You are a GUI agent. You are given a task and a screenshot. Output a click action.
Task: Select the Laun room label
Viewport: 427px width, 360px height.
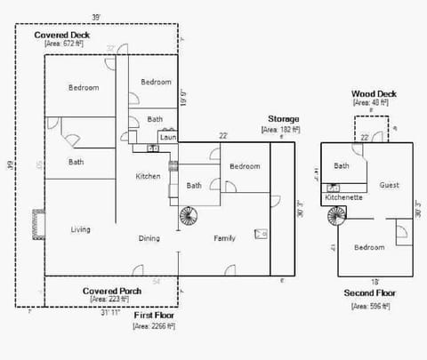166,137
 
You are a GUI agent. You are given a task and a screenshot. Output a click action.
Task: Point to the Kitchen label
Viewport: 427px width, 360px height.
148,176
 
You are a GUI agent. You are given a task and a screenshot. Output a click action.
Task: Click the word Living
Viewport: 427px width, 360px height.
80,229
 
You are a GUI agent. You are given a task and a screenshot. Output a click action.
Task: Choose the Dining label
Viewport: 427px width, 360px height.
149,238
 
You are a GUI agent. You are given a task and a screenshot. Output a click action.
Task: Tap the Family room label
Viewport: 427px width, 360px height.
224,238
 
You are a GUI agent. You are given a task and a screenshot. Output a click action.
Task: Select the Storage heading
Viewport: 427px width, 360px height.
284,118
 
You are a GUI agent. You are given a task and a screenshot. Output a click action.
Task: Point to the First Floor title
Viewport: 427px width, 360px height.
153,316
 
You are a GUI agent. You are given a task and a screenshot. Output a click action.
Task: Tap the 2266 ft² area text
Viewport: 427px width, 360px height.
153,326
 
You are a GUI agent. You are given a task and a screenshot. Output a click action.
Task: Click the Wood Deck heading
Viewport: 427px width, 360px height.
374,93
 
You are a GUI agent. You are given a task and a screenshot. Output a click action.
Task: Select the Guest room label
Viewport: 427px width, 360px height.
389,186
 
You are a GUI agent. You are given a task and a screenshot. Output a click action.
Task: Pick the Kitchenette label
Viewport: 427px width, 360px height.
343,196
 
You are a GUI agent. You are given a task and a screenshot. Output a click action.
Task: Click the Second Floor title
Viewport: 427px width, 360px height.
370,292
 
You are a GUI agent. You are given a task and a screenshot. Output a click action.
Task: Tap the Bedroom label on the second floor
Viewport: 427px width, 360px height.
369,247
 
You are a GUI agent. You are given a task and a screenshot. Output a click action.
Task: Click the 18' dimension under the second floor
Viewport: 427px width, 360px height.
363,280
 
